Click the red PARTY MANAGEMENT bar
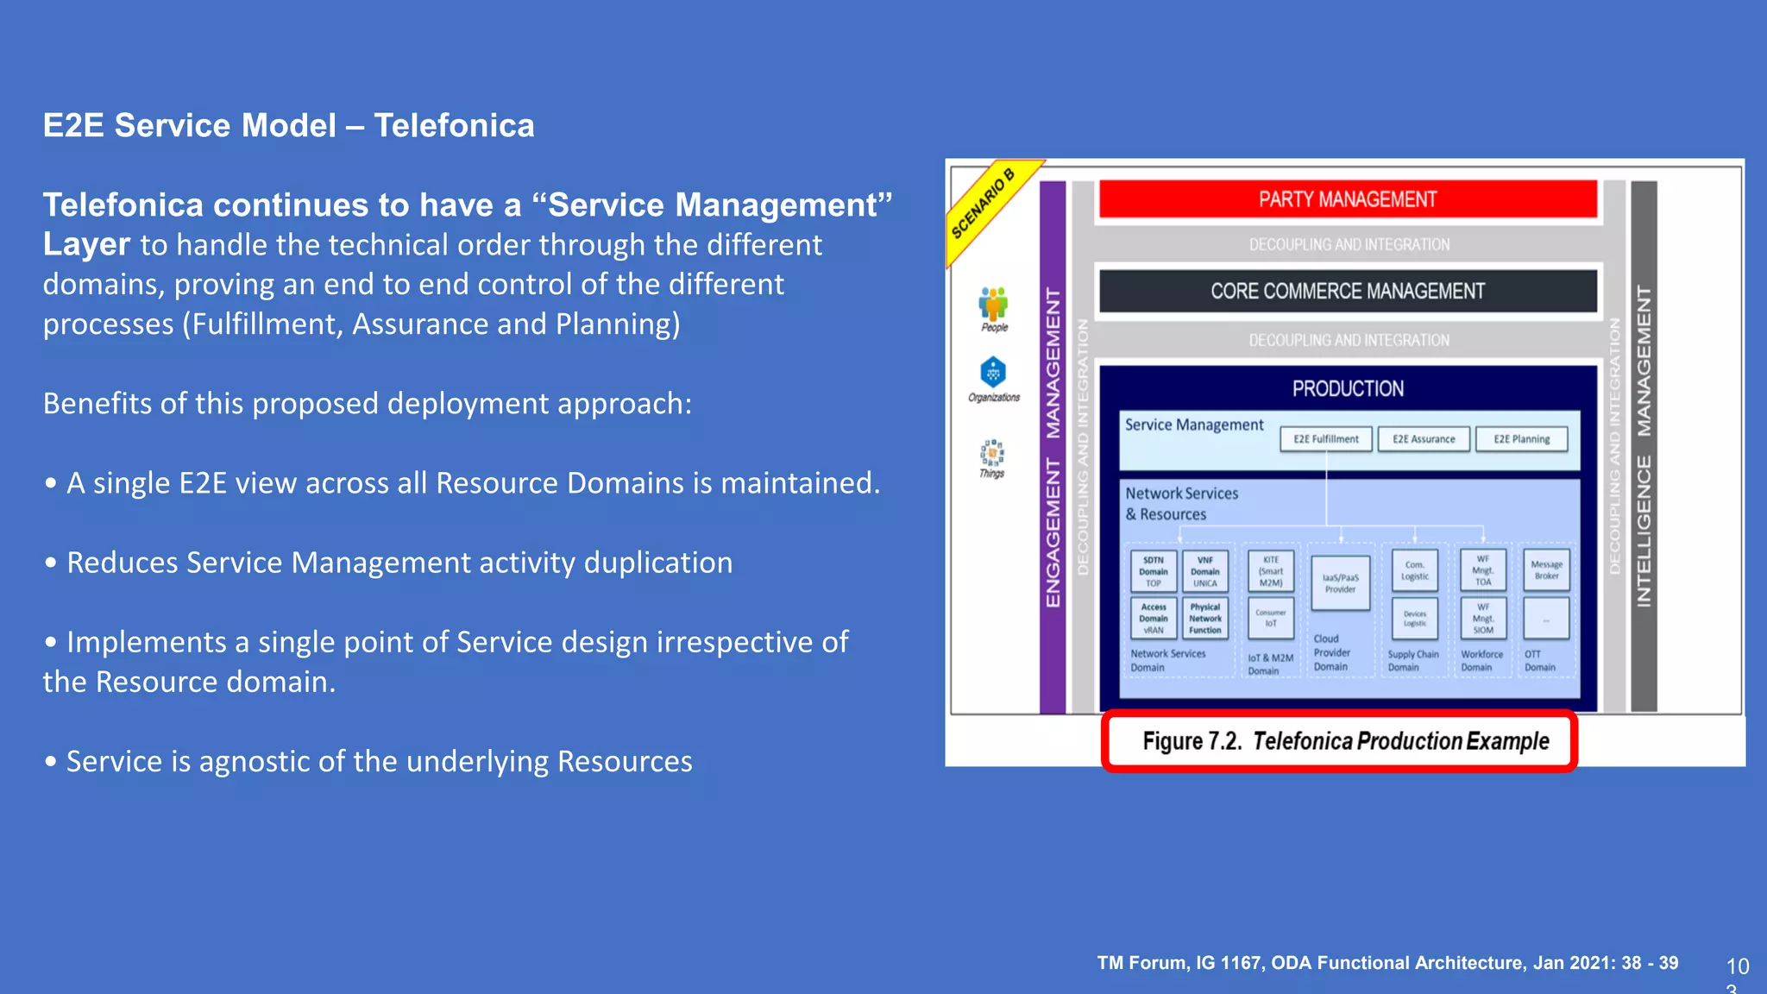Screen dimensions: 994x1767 tap(1347, 199)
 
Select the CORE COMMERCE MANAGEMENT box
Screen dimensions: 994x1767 tap(1347, 291)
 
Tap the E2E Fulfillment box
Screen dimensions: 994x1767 tap(1325, 439)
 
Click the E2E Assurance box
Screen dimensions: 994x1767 tap(1423, 439)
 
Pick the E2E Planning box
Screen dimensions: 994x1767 tap(1521, 439)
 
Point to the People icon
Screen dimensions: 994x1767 tap(993, 305)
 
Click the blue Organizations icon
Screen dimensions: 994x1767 tap(993, 373)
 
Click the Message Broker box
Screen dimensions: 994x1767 tap(1546, 570)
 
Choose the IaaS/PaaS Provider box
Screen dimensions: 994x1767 tap(1340, 584)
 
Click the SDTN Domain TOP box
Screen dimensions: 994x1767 tap(1153, 571)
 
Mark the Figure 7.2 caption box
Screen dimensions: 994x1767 tap(1339, 741)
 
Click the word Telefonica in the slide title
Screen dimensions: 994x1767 tap(454, 126)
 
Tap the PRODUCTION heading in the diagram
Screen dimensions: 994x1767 tap(1347, 389)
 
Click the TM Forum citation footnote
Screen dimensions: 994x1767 tap(1387, 963)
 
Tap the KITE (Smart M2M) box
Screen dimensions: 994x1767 tap(1271, 571)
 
